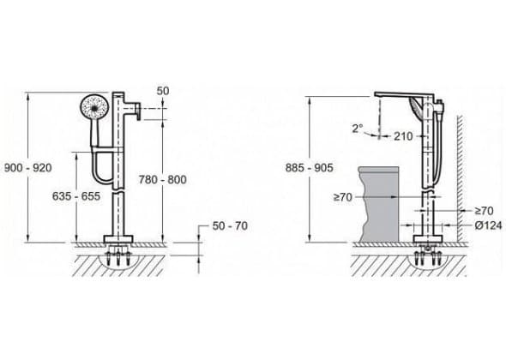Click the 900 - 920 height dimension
pyautogui.click(x=27, y=168)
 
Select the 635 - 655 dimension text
pyautogui.click(x=76, y=195)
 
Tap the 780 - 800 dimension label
pyautogui.click(x=163, y=179)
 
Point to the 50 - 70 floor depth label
pyautogui.click(x=230, y=225)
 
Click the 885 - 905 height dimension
pyautogui.click(x=309, y=168)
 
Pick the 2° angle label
pyautogui.click(x=358, y=129)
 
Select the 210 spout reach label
pyautogui.click(x=403, y=136)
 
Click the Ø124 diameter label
pyautogui.click(x=488, y=225)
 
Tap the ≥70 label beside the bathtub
pyautogui.click(x=343, y=197)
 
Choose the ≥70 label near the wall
pyautogui.click(x=484, y=211)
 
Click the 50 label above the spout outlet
pyautogui.click(x=163, y=91)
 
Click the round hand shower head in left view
pyautogui.click(x=94, y=108)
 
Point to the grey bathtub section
pyautogui.click(x=379, y=204)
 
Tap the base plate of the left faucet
pyautogui.click(x=118, y=239)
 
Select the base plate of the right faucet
pyautogui.click(x=428, y=239)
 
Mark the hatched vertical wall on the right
pyautogui.click(x=460, y=178)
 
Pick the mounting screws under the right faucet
pyautogui.click(x=428, y=256)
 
